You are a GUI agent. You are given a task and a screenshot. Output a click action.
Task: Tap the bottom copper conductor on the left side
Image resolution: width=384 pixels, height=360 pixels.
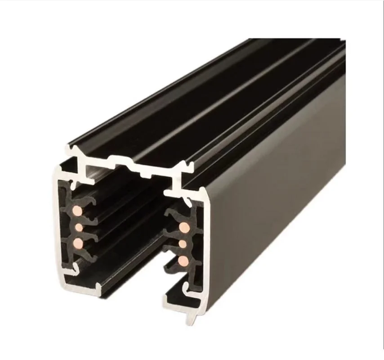[78, 243]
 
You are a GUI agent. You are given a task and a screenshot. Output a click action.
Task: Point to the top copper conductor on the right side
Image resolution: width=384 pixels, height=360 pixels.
[184, 227]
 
